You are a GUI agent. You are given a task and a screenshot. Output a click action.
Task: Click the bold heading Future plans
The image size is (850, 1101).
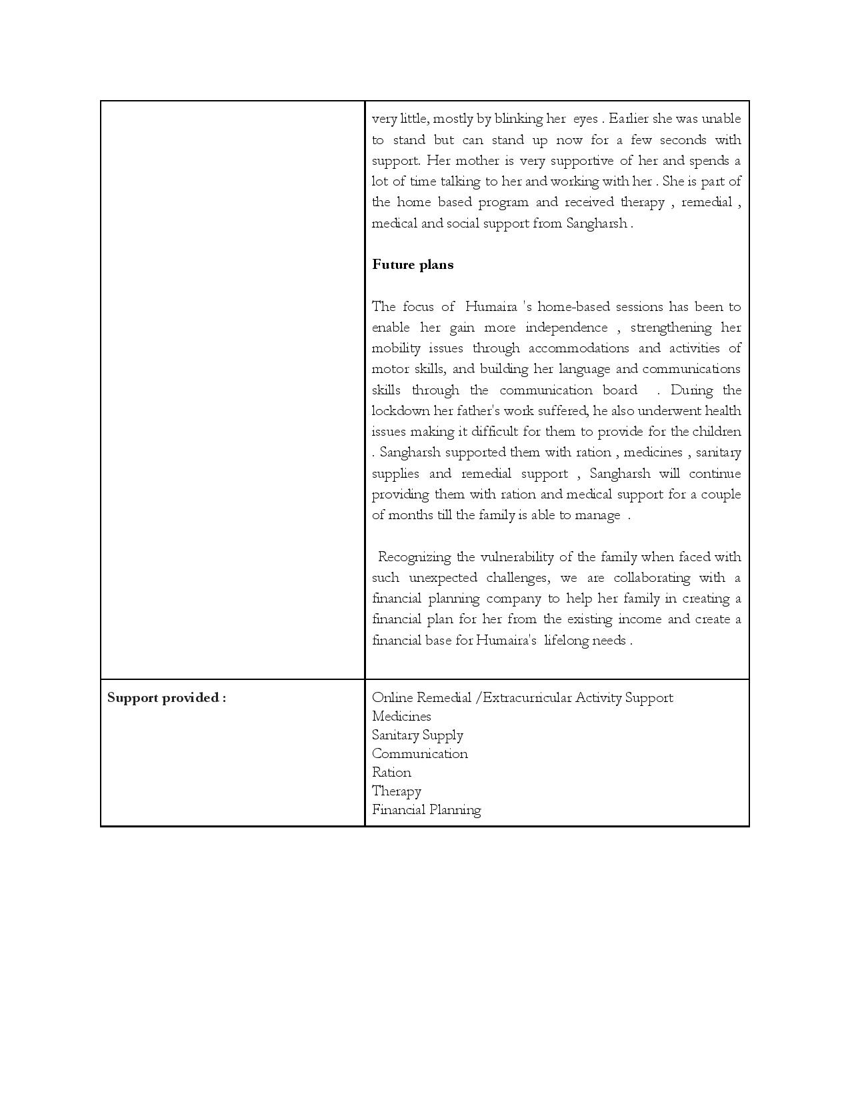tap(413, 265)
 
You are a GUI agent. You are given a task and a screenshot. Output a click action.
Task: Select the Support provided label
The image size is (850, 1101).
tap(167, 698)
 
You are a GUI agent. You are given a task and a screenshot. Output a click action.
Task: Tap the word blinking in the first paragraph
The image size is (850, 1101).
tap(518, 119)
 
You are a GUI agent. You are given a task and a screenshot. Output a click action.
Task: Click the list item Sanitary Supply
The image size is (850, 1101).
tap(417, 735)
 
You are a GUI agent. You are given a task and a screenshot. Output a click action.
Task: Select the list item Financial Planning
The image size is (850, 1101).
tap(427, 810)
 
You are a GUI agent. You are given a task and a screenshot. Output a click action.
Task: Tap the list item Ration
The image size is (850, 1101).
tap(391, 773)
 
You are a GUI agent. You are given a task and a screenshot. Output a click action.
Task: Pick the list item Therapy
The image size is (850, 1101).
tap(397, 791)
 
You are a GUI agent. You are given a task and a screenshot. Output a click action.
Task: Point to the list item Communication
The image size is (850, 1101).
tap(420, 754)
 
